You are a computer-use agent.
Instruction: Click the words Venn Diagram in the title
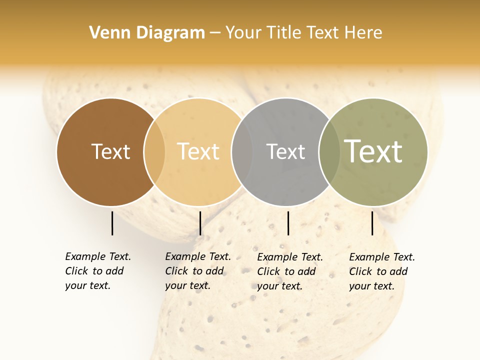pyautogui.click(x=147, y=33)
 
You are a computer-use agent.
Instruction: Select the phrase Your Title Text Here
pyautogui.click(x=303, y=33)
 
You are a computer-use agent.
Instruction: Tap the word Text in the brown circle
pyautogui.click(x=110, y=151)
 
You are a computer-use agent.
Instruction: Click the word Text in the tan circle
pyautogui.click(x=198, y=151)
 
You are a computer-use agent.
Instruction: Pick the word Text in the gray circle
pyautogui.click(x=285, y=151)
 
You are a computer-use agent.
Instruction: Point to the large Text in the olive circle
pyautogui.click(x=373, y=151)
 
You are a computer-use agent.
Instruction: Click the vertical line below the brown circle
pyautogui.click(x=112, y=223)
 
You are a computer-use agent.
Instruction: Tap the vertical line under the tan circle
pyautogui.click(x=200, y=223)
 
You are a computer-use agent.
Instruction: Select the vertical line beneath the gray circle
pyautogui.click(x=288, y=223)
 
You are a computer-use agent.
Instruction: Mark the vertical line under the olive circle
pyautogui.click(x=372, y=223)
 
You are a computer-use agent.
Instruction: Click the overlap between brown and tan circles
pyautogui.click(x=154, y=151)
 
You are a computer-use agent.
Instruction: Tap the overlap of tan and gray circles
pyautogui.click(x=242, y=151)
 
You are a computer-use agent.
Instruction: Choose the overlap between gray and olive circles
pyautogui.click(x=329, y=151)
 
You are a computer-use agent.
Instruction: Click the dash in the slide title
pyautogui.click(x=215, y=33)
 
